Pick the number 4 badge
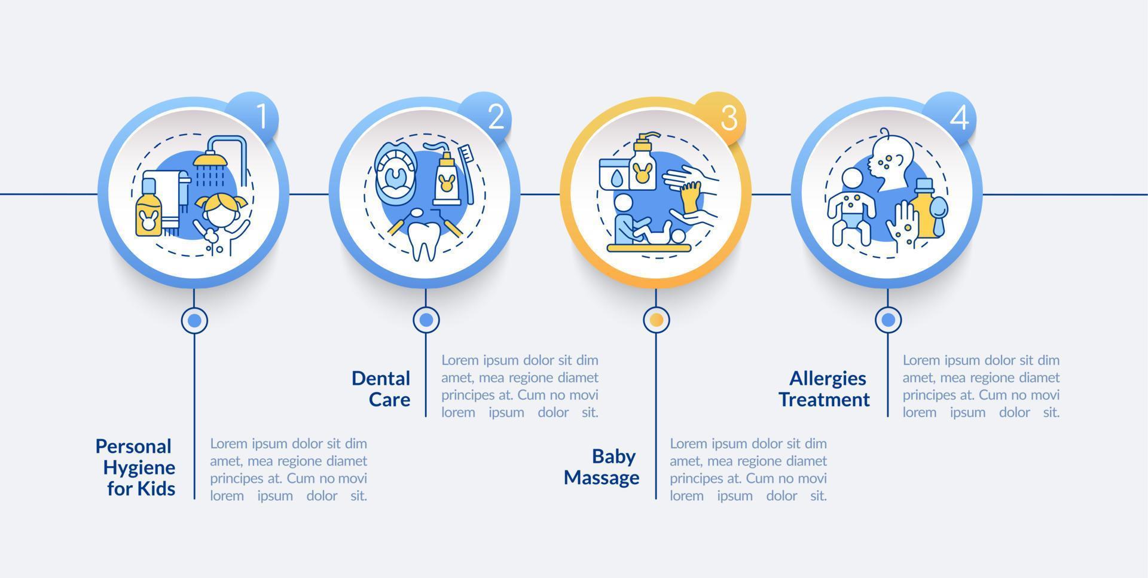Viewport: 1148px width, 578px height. (x=952, y=116)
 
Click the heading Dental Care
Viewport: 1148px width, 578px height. (x=381, y=389)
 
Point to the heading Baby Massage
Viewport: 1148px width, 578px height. (x=602, y=467)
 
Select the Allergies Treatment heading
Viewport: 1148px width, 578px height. (x=824, y=389)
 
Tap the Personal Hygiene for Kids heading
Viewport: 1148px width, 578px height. (x=136, y=467)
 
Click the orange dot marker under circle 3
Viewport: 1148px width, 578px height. (x=656, y=320)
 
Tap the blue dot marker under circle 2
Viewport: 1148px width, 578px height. (x=426, y=320)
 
